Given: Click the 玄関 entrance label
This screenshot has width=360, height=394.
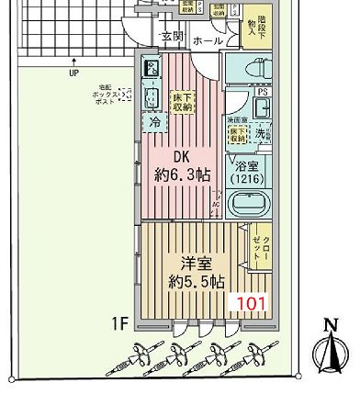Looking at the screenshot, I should pyautogui.click(x=172, y=37).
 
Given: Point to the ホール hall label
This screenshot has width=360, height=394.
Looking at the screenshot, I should pyautogui.click(x=208, y=41).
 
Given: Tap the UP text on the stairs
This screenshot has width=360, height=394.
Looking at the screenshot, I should pyautogui.click(x=72, y=73).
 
